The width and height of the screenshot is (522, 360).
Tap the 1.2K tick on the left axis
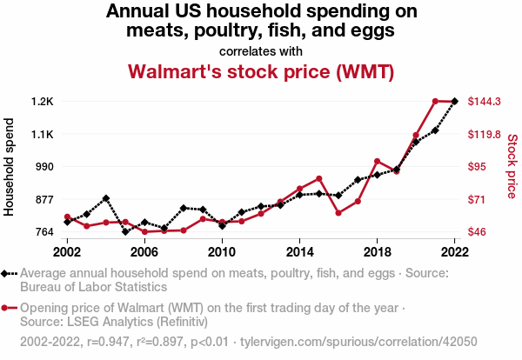coord(43,102)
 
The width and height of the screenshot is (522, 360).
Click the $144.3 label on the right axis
coord(485,102)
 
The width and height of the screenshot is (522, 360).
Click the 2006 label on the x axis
coord(144,251)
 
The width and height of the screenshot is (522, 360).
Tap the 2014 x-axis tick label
coord(299,251)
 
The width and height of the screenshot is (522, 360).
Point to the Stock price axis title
coord(512,167)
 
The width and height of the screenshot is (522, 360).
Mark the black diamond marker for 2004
coord(106,198)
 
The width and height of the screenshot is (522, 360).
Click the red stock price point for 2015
coord(319,178)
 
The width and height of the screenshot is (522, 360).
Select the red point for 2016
coord(338,213)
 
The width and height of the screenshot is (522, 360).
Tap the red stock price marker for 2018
coord(377,161)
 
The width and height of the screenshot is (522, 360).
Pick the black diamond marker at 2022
coord(454,102)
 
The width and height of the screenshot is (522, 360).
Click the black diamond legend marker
coord(8,273)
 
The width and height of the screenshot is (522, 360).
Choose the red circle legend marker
coord(8,307)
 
